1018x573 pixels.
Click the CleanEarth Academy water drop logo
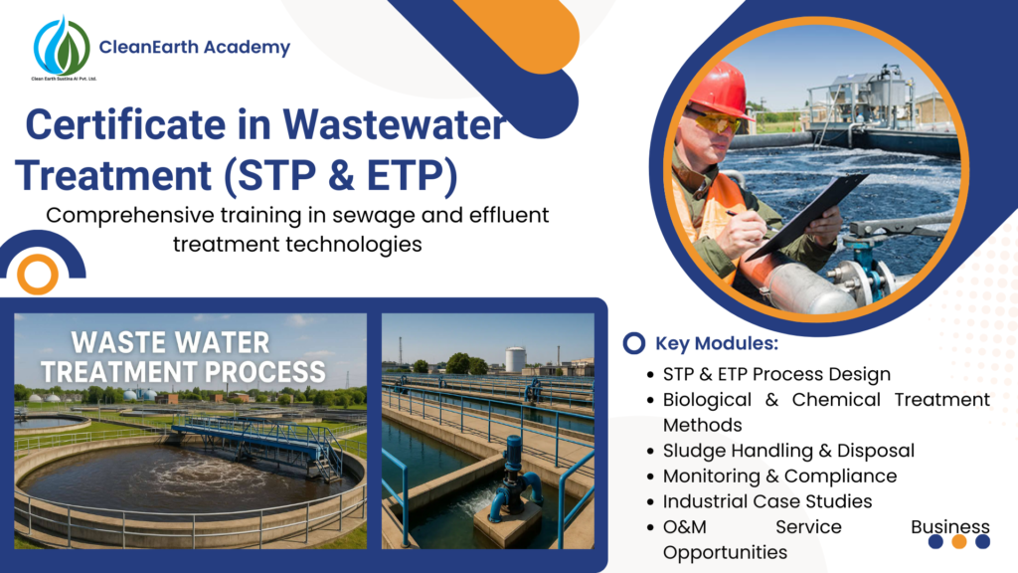[x=62, y=46]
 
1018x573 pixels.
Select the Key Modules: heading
[x=717, y=344]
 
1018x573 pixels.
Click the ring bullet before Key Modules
[x=632, y=344]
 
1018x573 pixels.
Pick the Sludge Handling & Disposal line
[x=788, y=451]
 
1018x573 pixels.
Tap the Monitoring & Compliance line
[x=779, y=477]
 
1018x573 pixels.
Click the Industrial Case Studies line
[x=767, y=501]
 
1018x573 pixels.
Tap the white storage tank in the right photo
[x=515, y=358]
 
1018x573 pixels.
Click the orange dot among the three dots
[x=959, y=542]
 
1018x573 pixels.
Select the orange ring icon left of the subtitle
[x=38, y=274]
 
